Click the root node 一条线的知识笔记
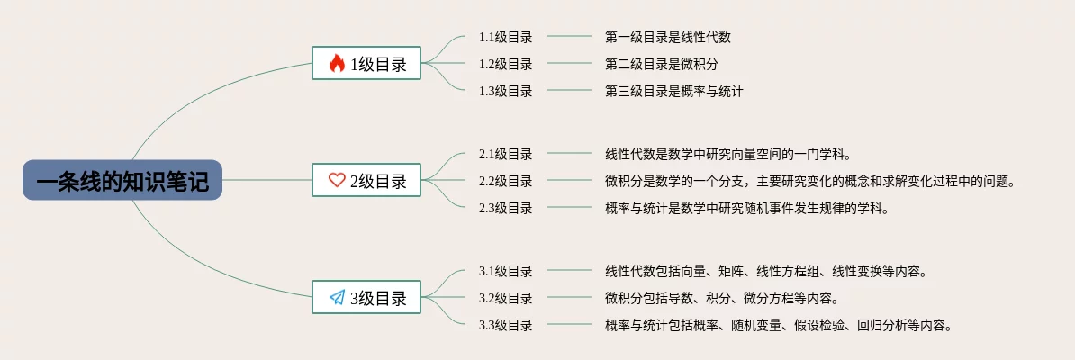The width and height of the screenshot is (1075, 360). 122,180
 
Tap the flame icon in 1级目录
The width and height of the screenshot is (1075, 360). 337,63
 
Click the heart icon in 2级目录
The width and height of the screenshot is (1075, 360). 337,180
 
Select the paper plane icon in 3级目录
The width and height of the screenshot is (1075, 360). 337,297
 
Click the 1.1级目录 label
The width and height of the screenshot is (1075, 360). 505,37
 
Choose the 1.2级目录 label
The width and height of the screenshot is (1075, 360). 505,64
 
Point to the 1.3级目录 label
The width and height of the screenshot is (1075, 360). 505,91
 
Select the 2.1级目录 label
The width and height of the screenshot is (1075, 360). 505,154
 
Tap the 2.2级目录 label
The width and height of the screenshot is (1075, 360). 505,181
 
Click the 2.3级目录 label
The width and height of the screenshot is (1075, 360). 505,208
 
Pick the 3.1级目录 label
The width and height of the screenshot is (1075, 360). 505,271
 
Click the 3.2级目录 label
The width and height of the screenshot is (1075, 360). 505,298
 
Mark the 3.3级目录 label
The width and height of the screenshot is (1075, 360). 505,325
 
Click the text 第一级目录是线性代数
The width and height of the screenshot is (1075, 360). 667,37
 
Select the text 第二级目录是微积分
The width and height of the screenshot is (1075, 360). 661,64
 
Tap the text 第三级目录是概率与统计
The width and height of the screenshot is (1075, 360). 673,91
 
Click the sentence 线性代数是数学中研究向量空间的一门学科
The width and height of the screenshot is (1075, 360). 727,154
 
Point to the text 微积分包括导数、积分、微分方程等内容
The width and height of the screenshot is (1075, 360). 721,298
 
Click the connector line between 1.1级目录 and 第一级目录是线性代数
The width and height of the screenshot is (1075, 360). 569,37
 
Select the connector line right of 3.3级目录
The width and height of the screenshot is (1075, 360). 569,325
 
